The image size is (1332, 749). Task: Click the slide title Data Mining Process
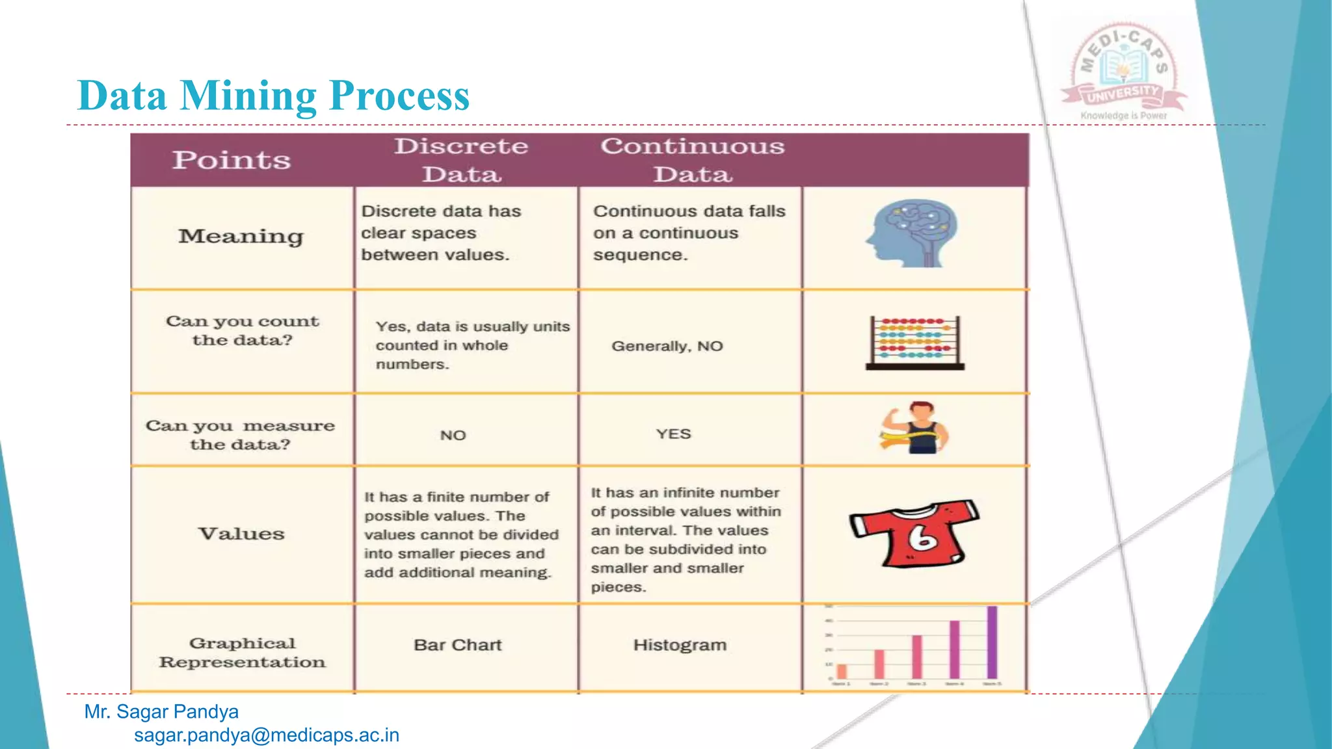[273, 96]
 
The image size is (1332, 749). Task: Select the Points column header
[231, 160]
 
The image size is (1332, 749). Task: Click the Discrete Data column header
[461, 160]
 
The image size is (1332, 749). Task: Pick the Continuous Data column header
[692, 160]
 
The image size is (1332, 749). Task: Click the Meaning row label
[241, 236]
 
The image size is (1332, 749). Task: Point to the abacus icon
[914, 343]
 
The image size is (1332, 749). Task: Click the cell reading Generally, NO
[667, 346]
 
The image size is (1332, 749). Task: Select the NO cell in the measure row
[453, 435]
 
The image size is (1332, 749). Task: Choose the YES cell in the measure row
[673, 434]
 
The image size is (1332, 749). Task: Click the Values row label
[241, 534]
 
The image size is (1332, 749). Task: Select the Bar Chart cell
[458, 645]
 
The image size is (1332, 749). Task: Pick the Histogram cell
[680, 645]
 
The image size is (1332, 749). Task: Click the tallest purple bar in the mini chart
[992, 642]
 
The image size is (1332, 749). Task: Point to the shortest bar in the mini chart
[842, 671]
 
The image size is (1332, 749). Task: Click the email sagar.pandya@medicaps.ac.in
[266, 735]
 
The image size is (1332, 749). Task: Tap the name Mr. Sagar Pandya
[161, 712]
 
